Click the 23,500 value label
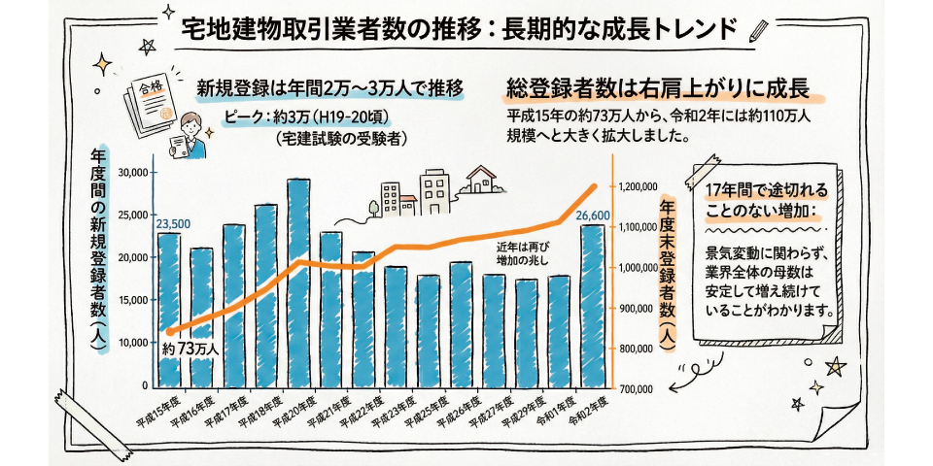point(173,223)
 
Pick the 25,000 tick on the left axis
point(132,215)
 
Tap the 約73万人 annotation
point(190,347)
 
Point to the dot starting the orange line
point(169,332)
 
